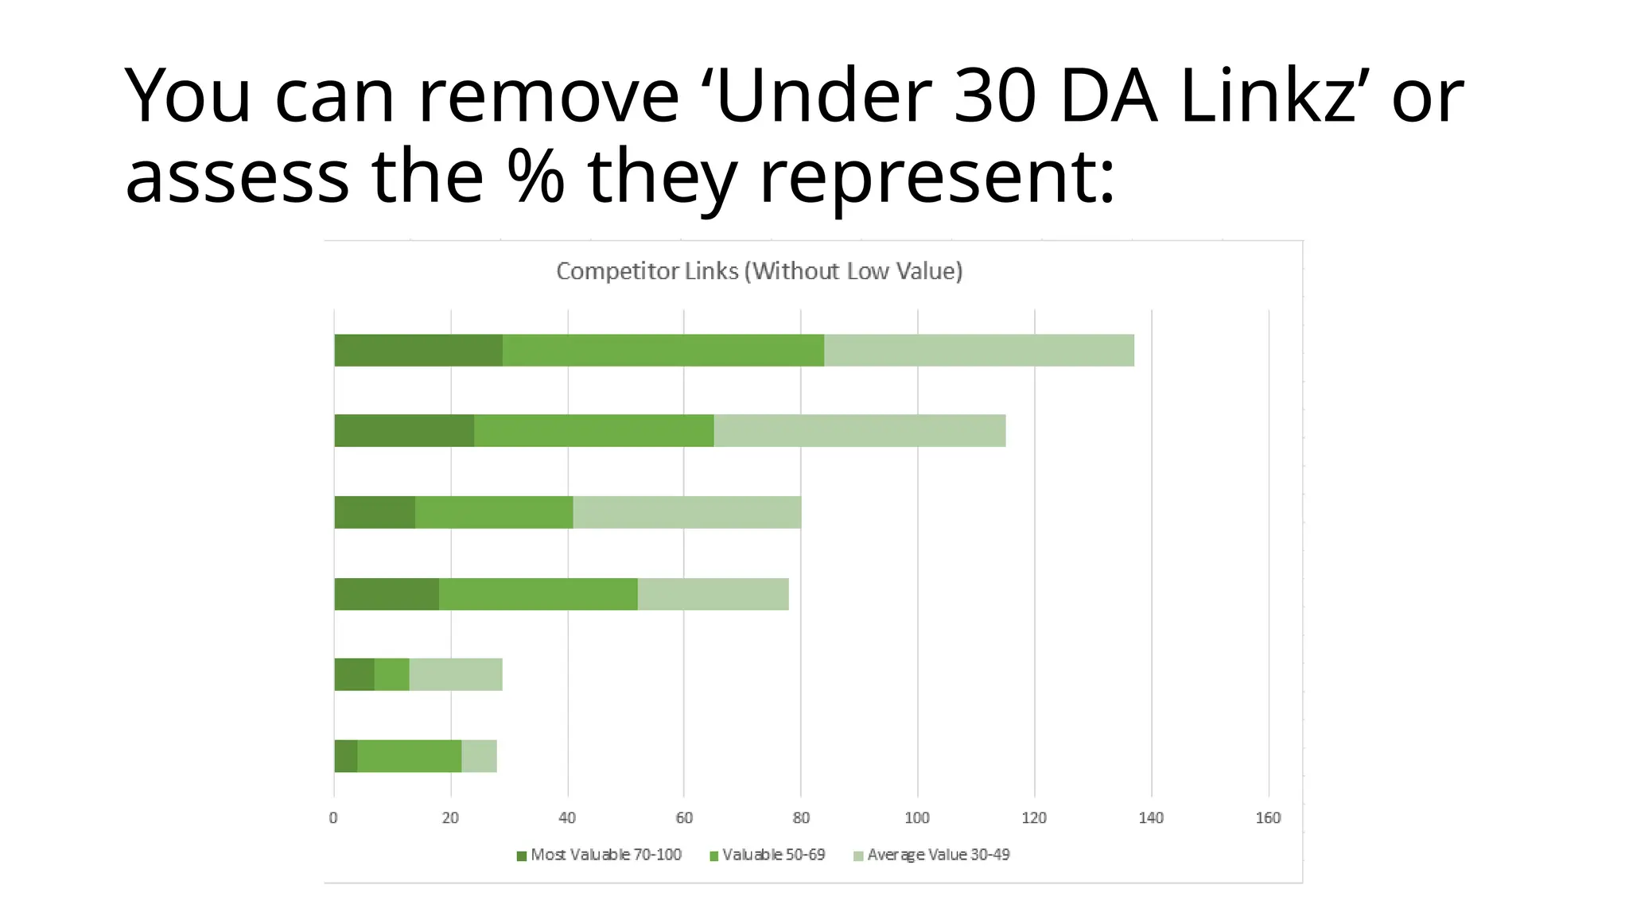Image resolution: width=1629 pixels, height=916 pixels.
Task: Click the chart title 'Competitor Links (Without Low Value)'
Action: [x=759, y=271]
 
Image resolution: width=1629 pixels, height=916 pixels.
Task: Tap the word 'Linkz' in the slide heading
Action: [x=1268, y=97]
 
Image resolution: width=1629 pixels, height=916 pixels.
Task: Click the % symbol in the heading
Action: [x=536, y=177]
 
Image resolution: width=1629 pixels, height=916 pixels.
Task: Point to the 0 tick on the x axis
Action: [x=333, y=817]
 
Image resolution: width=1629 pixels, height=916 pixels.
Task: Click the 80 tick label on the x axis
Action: [x=801, y=817]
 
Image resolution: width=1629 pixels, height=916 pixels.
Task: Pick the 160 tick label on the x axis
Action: [x=1268, y=817]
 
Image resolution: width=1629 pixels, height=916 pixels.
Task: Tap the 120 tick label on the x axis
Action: [x=1034, y=817]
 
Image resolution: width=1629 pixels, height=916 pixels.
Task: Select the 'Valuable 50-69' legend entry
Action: [x=768, y=855]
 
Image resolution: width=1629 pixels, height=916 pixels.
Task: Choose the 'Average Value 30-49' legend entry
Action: [x=931, y=855]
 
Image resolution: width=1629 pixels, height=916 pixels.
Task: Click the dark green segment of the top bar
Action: [x=418, y=351]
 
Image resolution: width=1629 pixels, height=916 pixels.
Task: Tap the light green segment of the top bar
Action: [x=979, y=351]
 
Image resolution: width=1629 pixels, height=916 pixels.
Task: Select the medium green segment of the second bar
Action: [x=594, y=431]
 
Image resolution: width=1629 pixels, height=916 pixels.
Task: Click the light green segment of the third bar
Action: [x=687, y=512]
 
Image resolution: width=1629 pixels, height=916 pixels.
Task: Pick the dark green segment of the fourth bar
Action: [x=387, y=594]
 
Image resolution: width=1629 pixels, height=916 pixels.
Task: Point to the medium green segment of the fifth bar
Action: [x=392, y=675]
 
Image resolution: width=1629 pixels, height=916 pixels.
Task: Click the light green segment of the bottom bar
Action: [x=480, y=756]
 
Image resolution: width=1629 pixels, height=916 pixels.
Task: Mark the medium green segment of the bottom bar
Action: [x=410, y=756]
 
